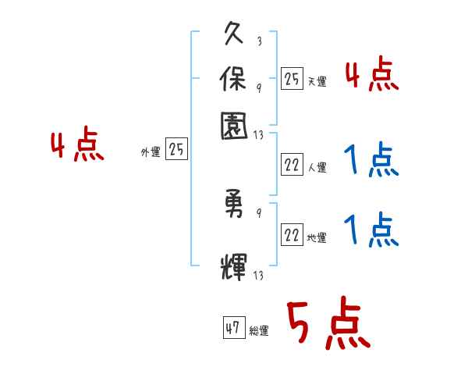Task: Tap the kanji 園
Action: (x=234, y=124)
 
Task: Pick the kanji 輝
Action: (x=234, y=265)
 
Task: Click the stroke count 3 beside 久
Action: (x=258, y=41)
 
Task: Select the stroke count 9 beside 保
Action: (x=258, y=86)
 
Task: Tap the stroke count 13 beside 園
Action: (x=259, y=134)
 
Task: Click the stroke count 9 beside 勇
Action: (x=258, y=212)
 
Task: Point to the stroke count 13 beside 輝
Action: (x=259, y=274)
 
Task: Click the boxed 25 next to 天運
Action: (x=292, y=78)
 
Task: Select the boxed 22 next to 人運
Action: (x=292, y=165)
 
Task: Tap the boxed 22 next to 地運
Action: (x=292, y=235)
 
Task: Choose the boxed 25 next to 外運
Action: (x=176, y=150)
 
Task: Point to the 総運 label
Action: (x=260, y=330)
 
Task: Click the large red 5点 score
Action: (x=327, y=323)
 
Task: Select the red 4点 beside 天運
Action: (x=371, y=77)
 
